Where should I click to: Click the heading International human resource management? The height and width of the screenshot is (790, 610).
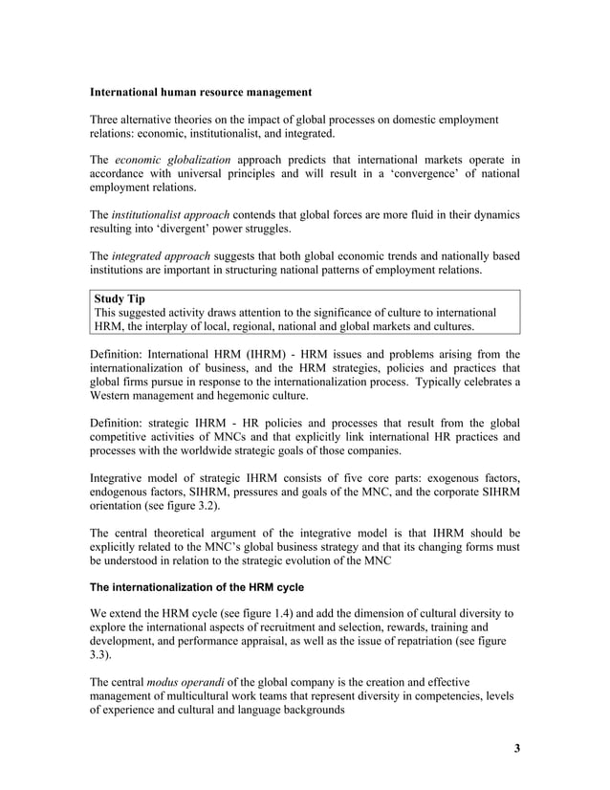coord(200,93)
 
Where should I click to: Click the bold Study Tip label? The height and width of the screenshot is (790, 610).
coord(120,299)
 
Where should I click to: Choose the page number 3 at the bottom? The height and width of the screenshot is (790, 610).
coord(516,748)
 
